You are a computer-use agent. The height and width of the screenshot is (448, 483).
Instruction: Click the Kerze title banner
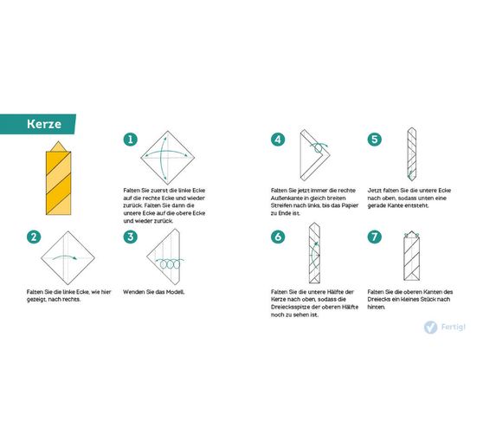(x=37, y=124)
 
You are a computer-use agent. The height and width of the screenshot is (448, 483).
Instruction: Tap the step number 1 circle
(x=131, y=140)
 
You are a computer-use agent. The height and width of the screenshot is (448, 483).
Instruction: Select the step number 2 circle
(x=34, y=237)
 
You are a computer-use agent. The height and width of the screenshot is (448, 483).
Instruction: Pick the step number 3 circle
(x=131, y=237)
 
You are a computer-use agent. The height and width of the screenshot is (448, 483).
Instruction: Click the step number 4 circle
(x=278, y=140)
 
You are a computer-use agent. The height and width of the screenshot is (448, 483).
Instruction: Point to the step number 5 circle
(x=375, y=140)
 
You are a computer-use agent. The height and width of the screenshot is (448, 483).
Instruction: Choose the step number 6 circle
(x=278, y=237)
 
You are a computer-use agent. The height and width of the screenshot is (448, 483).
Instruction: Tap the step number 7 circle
(x=375, y=237)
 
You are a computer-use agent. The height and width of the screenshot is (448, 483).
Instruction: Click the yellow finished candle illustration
(x=59, y=179)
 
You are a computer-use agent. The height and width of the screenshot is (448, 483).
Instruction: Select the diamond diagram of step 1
(x=168, y=158)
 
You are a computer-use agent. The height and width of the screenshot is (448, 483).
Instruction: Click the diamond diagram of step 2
(x=68, y=257)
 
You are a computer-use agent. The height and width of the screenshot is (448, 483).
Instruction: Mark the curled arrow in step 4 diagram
(x=319, y=147)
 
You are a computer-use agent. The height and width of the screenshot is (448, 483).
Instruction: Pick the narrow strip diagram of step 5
(x=412, y=154)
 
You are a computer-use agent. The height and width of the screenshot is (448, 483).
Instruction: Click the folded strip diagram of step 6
(x=314, y=253)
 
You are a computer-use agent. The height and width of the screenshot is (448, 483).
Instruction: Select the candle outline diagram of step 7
(x=411, y=256)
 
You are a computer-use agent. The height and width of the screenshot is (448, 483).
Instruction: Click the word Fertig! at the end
(x=453, y=327)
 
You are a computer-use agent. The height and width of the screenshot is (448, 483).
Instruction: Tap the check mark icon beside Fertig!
(x=430, y=328)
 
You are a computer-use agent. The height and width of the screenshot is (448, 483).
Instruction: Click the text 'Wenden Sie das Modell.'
(x=154, y=292)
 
